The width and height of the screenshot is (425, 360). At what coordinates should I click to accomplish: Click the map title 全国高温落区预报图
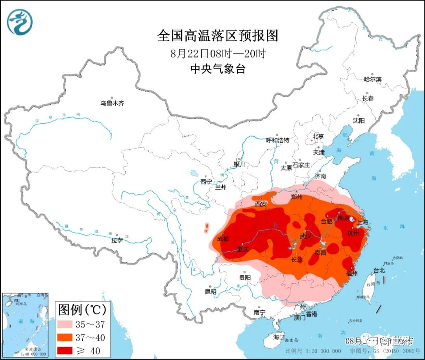click(218, 36)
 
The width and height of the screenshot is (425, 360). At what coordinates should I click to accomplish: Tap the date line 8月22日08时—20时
click(218, 53)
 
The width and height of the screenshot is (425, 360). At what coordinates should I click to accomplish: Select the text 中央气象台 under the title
click(218, 69)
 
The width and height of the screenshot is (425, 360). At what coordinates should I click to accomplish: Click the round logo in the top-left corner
click(20, 22)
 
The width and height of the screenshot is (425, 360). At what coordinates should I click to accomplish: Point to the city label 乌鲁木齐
click(112, 103)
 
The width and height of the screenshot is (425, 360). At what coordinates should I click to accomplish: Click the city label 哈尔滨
click(372, 79)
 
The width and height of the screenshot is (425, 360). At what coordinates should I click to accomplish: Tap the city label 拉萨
click(117, 240)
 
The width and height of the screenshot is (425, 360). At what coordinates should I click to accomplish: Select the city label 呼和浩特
click(277, 140)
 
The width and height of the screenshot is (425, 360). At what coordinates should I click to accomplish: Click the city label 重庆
click(243, 249)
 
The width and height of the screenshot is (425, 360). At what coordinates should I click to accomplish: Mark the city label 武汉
click(305, 236)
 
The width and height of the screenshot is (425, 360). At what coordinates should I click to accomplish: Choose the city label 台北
click(379, 271)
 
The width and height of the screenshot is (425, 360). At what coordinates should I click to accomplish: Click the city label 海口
click(279, 337)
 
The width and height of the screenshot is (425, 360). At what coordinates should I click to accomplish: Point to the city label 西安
click(261, 204)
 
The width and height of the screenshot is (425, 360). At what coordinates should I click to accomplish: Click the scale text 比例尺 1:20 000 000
click(313, 351)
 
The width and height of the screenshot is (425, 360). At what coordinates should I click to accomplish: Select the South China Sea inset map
click(25, 325)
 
